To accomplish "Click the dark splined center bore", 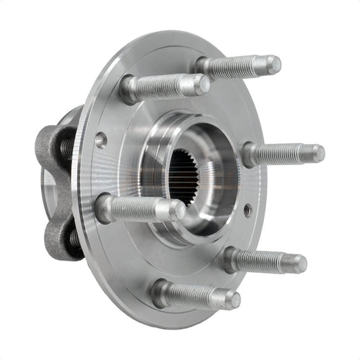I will point(181,177).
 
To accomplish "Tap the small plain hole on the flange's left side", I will point(101,140).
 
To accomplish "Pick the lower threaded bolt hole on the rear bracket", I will point(70,237).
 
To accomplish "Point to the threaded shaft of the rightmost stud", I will point(284,154).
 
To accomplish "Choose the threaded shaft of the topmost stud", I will point(236,66).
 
